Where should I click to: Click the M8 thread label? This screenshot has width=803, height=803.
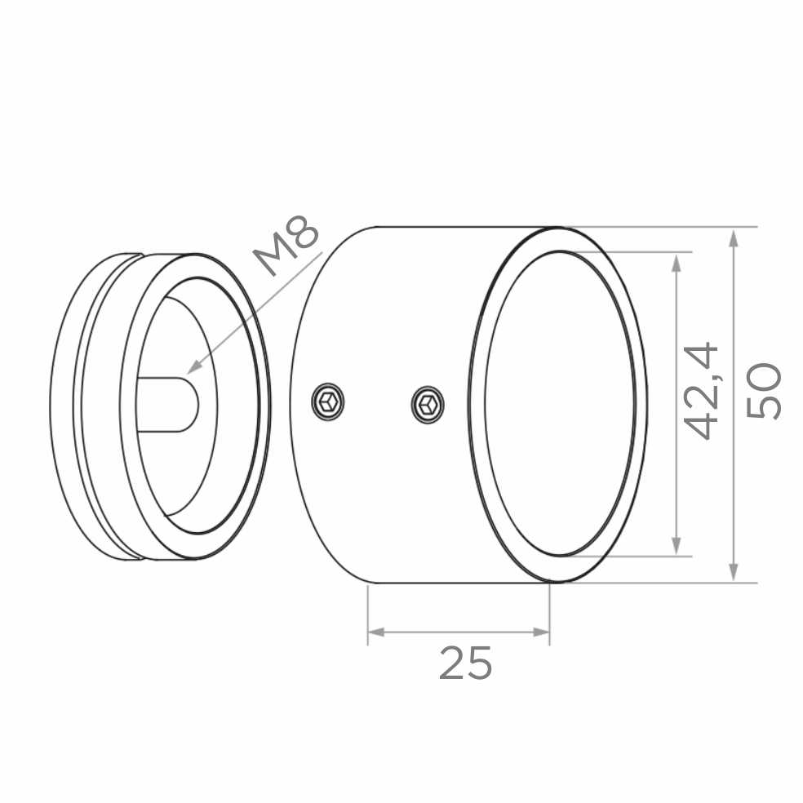pyautogui.click(x=287, y=246)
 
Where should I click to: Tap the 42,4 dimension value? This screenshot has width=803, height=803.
pyautogui.click(x=702, y=391)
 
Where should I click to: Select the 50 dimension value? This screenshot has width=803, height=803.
pyautogui.click(x=764, y=391)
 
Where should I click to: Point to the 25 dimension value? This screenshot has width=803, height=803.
pyautogui.click(x=465, y=663)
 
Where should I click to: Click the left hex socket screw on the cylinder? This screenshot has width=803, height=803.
pyautogui.click(x=328, y=401)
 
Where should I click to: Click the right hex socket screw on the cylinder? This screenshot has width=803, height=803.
pyautogui.click(x=427, y=404)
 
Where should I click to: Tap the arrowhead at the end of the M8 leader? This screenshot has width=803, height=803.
pyautogui.click(x=193, y=366)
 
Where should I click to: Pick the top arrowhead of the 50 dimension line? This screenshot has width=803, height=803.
pyautogui.click(x=734, y=238)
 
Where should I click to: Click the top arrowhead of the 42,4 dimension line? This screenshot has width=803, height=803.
pyautogui.click(x=677, y=264)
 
